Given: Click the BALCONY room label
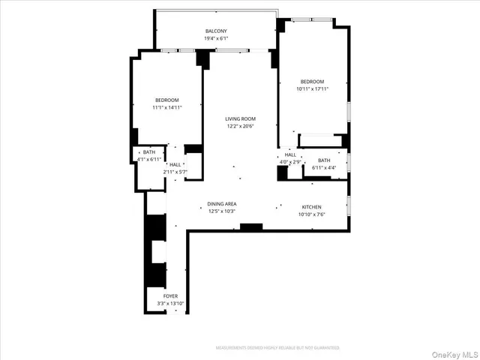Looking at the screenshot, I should click(216, 31).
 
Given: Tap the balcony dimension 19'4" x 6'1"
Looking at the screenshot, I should click(216, 38).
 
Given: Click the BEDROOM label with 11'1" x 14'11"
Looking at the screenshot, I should click(167, 100).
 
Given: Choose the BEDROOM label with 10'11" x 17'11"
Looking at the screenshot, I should click(312, 81).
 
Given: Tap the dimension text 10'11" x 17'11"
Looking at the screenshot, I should click(312, 88).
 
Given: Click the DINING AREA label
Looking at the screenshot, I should click(223, 204).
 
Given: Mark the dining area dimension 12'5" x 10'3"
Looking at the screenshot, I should click(223, 211).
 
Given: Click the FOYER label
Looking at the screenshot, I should click(171, 296).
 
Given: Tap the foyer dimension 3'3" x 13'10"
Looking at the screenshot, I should click(171, 304).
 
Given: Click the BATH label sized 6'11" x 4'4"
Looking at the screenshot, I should click(324, 160).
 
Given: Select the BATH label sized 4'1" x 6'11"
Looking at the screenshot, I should click(149, 152).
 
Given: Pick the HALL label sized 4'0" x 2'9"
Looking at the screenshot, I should click(290, 154).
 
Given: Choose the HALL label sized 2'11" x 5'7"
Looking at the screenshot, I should click(175, 165).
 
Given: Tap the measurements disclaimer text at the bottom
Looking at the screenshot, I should click(277, 348).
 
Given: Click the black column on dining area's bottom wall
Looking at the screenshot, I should click(251, 226).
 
